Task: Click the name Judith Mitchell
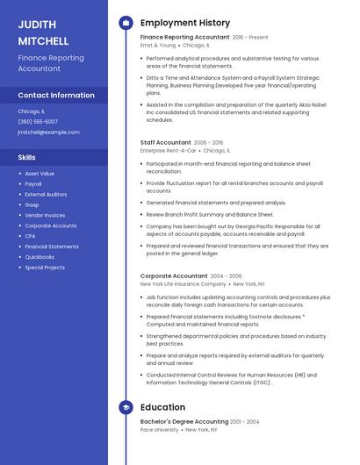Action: click(x=43, y=32)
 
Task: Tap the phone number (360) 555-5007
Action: click(x=38, y=121)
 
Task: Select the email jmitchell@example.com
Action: click(x=48, y=132)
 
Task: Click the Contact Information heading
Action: click(x=56, y=95)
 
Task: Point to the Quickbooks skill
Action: click(x=40, y=257)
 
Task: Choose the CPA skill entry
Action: click(x=30, y=236)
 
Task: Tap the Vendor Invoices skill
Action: click(x=45, y=215)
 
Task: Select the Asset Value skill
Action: click(x=40, y=174)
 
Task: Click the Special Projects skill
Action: click(x=45, y=268)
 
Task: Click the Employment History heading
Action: click(x=185, y=23)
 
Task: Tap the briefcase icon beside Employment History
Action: click(x=126, y=23)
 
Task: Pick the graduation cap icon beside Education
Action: click(x=126, y=407)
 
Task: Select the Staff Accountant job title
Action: click(x=165, y=142)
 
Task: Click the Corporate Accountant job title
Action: click(x=173, y=275)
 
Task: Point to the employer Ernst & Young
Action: click(x=158, y=45)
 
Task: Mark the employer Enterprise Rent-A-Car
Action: click(x=168, y=150)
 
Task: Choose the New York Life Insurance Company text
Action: click(x=183, y=283)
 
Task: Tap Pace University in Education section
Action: click(x=159, y=430)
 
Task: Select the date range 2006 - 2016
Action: click(x=208, y=142)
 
